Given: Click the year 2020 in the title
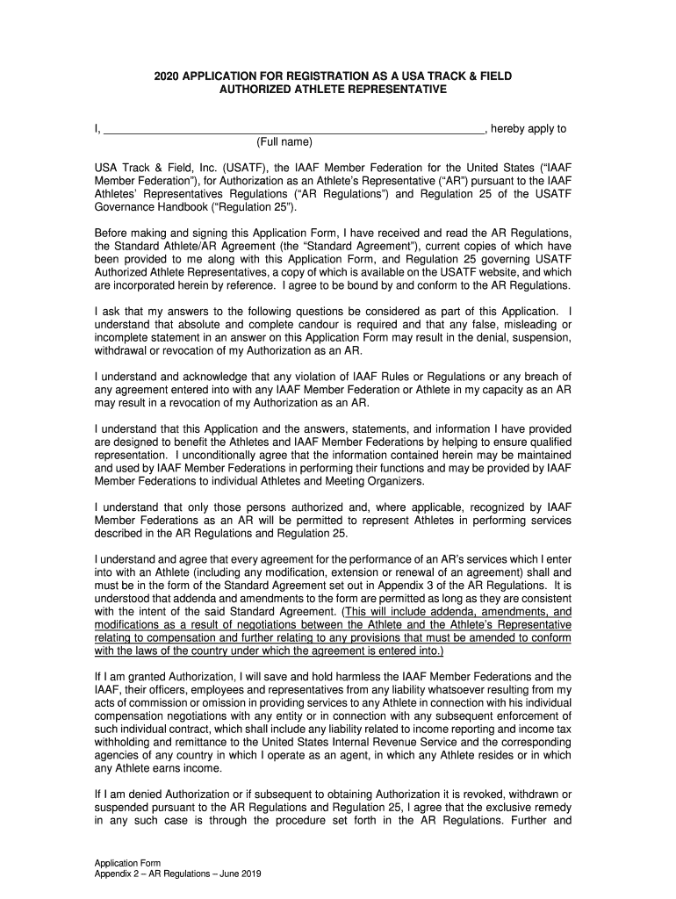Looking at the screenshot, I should click(168, 76).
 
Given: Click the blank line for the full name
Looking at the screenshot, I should click(293, 130).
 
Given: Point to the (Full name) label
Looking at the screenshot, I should click(284, 142).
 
